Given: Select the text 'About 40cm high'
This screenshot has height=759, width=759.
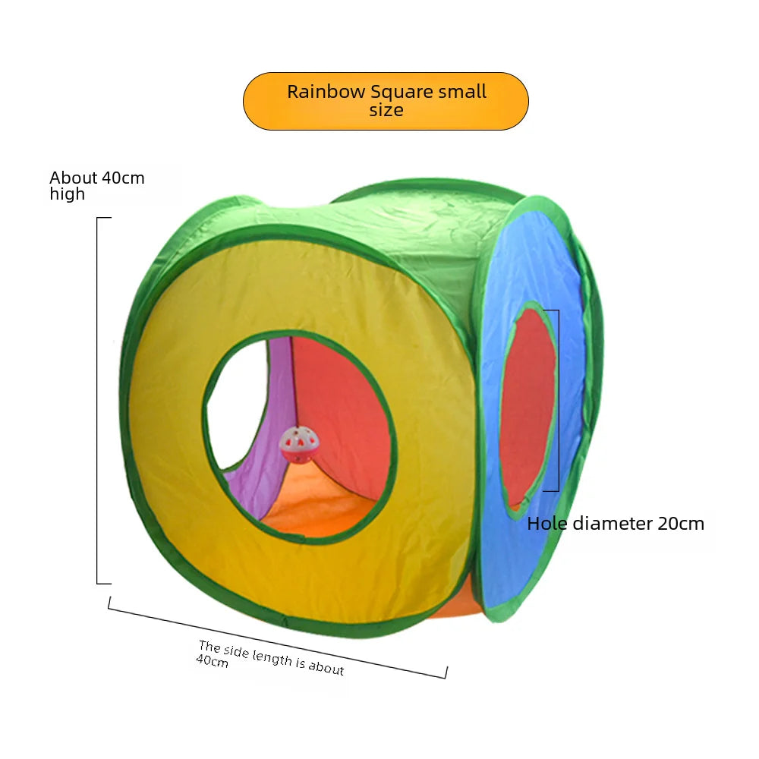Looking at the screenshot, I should (x=96, y=185).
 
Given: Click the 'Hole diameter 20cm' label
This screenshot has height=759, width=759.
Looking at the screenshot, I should (x=616, y=523).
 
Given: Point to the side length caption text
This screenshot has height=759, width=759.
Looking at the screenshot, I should (x=269, y=657).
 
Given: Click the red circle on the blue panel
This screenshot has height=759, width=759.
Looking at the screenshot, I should (x=528, y=406).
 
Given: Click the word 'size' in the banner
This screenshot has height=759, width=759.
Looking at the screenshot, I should (x=386, y=111).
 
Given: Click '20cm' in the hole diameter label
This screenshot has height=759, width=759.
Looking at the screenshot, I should (x=680, y=523).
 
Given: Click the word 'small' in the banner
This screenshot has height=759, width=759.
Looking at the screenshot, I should (x=462, y=92).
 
